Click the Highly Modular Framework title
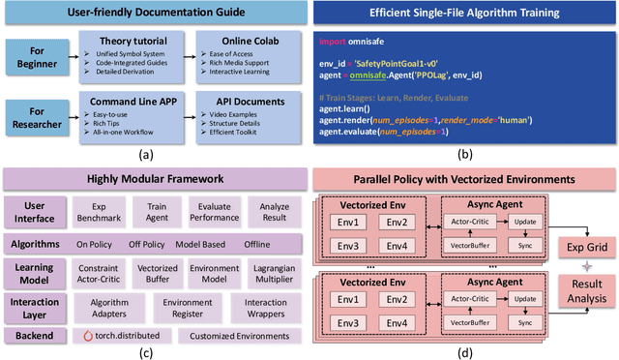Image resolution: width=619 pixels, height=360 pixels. click(155, 179)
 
